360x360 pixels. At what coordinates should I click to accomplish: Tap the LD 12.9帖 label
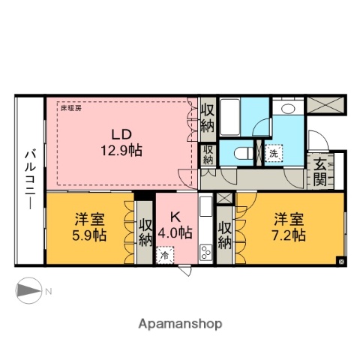click(123, 142)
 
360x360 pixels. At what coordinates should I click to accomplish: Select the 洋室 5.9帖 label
click(89, 226)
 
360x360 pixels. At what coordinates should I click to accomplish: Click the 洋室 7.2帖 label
click(289, 226)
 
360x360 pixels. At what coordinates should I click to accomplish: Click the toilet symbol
click(241, 152)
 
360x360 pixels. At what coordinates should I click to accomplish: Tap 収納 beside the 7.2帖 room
click(225, 232)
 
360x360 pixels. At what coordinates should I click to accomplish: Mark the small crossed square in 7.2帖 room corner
click(342, 262)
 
